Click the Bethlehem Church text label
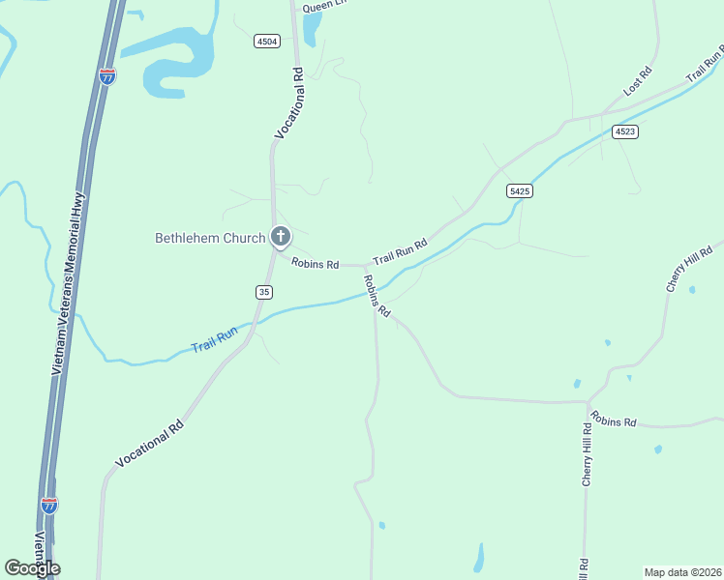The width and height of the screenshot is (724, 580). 210,238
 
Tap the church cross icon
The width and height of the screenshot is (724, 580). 281,236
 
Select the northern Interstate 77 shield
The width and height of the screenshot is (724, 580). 107,75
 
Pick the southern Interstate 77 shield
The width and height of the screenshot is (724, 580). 49,505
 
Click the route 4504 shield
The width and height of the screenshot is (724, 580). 267,41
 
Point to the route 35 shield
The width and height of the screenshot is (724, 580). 264,292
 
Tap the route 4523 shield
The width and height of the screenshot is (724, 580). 625,131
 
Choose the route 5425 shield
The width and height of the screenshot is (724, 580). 520,191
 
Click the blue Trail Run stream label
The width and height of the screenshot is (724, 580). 214,341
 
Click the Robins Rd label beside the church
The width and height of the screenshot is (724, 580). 316,263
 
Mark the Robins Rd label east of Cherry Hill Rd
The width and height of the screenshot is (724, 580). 615,421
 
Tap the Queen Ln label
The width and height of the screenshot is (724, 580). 323,6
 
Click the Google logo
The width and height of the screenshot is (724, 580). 32,567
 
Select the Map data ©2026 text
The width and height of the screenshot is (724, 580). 682,571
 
